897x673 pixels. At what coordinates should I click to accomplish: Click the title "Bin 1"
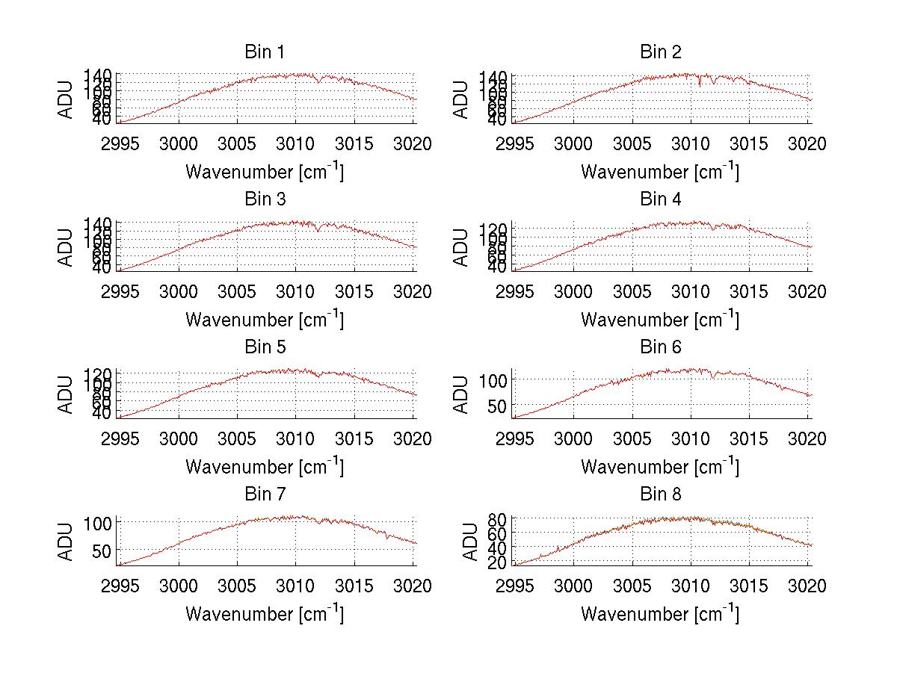tap(264, 52)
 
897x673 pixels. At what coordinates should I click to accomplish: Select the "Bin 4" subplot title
tap(660, 199)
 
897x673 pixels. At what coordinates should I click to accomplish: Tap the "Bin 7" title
tap(264, 494)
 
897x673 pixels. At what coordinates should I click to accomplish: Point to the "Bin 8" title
tap(660, 494)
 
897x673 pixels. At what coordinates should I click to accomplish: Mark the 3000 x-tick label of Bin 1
tap(179, 143)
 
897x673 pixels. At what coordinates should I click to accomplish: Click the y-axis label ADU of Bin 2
tap(462, 99)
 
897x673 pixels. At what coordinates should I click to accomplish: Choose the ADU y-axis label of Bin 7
tap(67, 542)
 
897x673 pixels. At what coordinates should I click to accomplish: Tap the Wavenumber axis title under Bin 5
tap(265, 466)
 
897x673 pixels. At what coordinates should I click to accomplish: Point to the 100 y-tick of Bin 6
tap(493, 379)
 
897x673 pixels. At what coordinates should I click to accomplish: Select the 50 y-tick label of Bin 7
tap(103, 551)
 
